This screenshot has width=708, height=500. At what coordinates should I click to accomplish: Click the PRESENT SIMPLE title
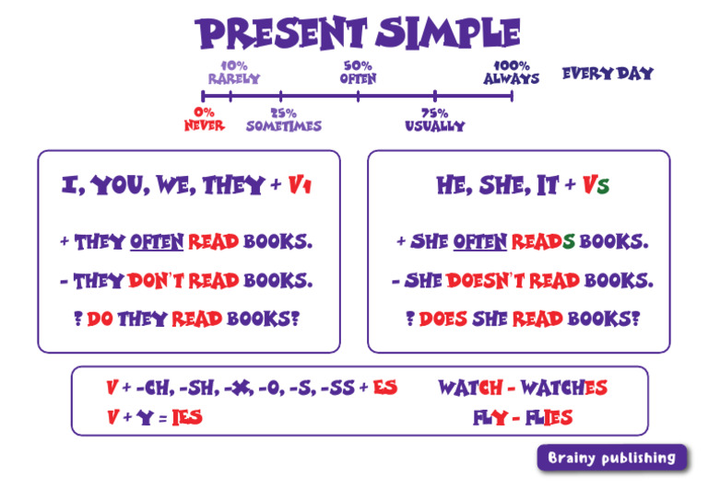[x=359, y=33]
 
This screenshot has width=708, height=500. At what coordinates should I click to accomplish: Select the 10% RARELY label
[x=233, y=73]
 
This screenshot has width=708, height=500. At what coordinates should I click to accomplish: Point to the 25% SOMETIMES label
[x=283, y=120]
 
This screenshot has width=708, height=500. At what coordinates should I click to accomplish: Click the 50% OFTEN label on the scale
[x=358, y=73]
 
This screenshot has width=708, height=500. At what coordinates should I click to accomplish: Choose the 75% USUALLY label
[x=434, y=120]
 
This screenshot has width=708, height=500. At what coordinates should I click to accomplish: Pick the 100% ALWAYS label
[x=512, y=73]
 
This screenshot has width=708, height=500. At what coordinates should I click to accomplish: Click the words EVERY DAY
[x=608, y=73]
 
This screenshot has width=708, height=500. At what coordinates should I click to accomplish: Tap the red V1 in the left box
[x=300, y=185]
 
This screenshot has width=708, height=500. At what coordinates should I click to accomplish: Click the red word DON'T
[x=155, y=281]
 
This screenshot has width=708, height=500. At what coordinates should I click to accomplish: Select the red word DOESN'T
[x=483, y=281]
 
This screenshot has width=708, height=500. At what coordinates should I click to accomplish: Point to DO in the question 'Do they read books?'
[x=100, y=320]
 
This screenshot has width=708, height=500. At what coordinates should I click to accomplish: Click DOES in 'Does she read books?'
[x=442, y=320]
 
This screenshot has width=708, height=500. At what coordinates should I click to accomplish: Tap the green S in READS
[x=569, y=242]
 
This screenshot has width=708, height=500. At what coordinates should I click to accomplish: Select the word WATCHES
[x=561, y=388]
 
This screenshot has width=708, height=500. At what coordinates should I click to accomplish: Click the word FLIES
[x=549, y=418]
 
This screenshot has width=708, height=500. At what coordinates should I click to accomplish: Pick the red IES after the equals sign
[x=187, y=418]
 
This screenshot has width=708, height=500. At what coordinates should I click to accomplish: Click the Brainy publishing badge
[x=612, y=458]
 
